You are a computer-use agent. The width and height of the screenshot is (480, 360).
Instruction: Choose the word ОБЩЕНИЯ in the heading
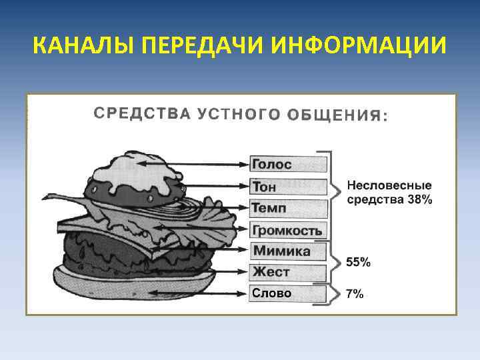tap(336, 115)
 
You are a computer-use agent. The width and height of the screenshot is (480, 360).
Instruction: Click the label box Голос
tap(289, 163)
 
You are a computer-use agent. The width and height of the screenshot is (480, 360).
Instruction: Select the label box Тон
tap(289, 187)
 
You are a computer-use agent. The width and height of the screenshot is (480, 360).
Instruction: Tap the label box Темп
tap(289, 209)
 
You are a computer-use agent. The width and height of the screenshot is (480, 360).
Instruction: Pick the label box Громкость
tap(289, 231)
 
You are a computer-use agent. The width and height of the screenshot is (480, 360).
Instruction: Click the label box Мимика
tap(289, 251)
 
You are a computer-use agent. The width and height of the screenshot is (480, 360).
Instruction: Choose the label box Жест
tap(289, 273)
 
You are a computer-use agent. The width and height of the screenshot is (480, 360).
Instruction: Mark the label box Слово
tap(289, 293)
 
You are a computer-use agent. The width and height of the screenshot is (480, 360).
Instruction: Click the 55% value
tap(358, 263)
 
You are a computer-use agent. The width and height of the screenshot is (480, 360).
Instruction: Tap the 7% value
tap(355, 294)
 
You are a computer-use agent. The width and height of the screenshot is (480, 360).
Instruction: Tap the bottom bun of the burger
tap(127, 280)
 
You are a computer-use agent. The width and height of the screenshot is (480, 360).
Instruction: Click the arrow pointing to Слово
tap(213, 292)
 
